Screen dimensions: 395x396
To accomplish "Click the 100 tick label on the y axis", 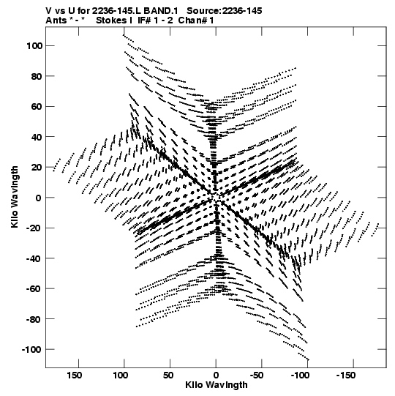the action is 34,46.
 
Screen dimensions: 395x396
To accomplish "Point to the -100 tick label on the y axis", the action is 32,350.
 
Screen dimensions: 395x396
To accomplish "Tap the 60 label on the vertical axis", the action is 37,107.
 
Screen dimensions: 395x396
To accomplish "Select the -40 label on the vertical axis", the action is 34,259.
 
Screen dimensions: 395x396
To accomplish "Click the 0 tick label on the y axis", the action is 38,198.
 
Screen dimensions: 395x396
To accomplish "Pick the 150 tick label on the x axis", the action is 74,376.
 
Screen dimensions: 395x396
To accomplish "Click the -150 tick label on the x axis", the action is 346,376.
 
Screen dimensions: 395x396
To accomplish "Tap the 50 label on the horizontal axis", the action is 168,376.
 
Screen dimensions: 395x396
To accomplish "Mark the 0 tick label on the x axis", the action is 216,376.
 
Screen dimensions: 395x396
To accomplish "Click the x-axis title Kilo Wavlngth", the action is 217,385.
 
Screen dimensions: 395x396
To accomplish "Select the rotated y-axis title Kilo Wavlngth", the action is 15,197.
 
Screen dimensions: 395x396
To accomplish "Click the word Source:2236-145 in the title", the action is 224,11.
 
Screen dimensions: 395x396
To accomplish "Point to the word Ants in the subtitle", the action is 56,20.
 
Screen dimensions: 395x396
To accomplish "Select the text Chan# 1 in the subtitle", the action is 196,20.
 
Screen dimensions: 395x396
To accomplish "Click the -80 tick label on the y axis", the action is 34,319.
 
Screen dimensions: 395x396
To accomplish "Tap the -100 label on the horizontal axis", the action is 300,376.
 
